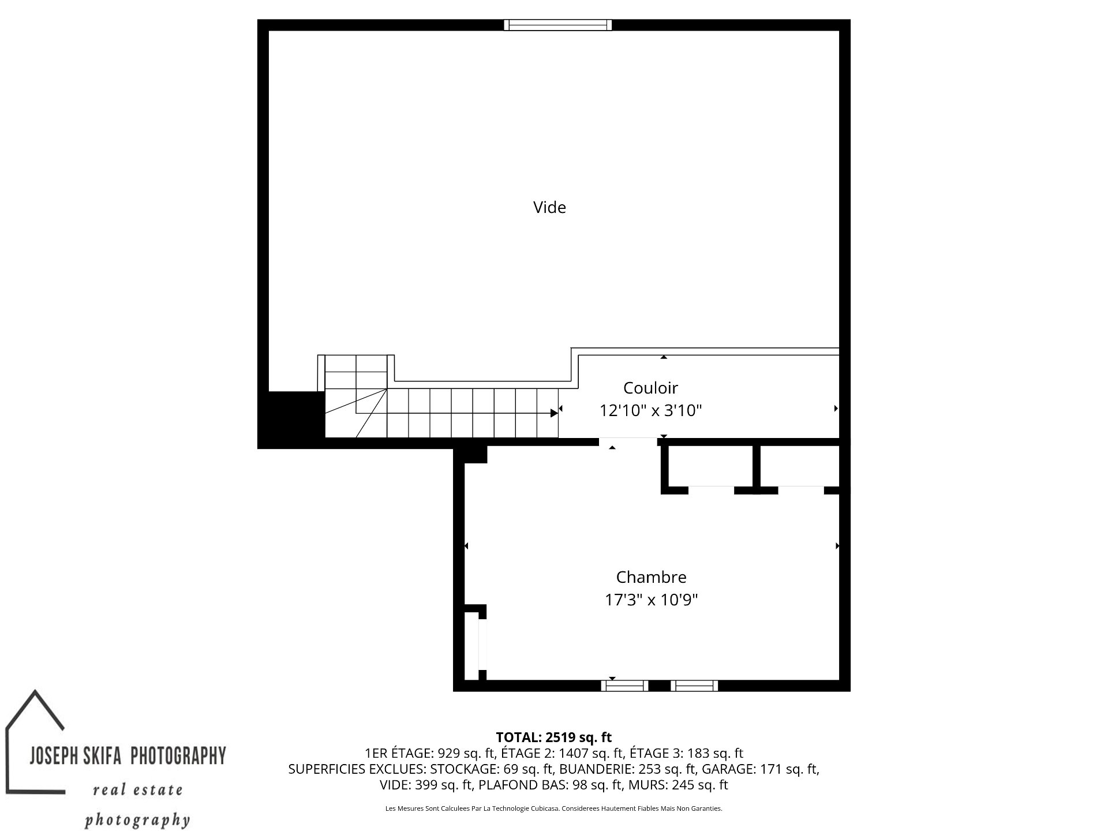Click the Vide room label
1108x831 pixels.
coord(549,207)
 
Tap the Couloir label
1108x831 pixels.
coord(650,387)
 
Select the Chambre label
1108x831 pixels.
coord(651,577)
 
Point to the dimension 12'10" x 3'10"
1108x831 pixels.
coord(650,410)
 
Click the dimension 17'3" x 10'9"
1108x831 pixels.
coord(651,600)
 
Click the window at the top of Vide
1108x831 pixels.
coord(557,25)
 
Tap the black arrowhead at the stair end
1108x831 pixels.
coord(554,413)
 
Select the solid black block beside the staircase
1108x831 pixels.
coord(291,420)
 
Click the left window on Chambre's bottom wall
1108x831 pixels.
coord(625,686)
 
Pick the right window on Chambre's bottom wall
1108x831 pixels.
coord(694,686)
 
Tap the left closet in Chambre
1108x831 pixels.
coord(711,466)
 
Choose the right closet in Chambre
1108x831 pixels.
coord(800,466)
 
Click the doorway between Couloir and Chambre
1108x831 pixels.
coord(627,442)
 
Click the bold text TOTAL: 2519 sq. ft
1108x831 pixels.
coord(553,737)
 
